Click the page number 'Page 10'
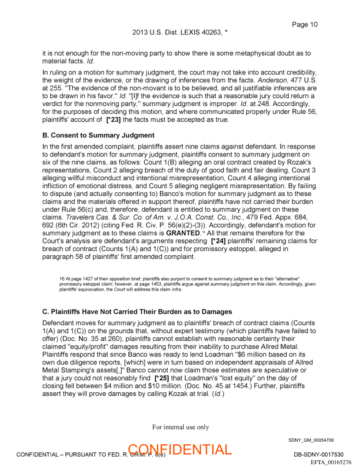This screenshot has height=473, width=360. tap(304, 25)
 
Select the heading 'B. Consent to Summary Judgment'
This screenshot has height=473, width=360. tap(98, 135)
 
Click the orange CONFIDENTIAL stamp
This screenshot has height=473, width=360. tap(180, 449)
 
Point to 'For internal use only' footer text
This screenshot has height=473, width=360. tap(180, 427)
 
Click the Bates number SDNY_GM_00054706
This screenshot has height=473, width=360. tap(311, 440)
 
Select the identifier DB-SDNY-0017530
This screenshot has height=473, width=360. tap(319, 454)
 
